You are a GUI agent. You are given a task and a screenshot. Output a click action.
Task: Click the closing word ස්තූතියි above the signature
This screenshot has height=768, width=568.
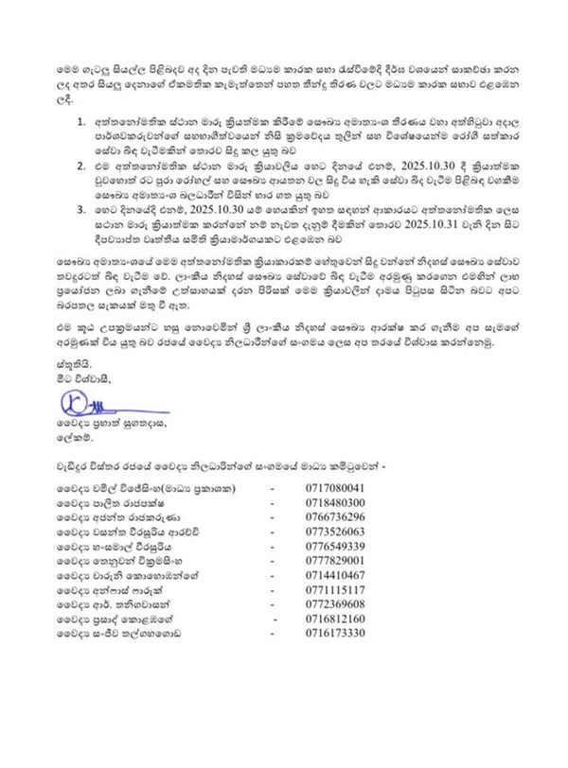point(67,362)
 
